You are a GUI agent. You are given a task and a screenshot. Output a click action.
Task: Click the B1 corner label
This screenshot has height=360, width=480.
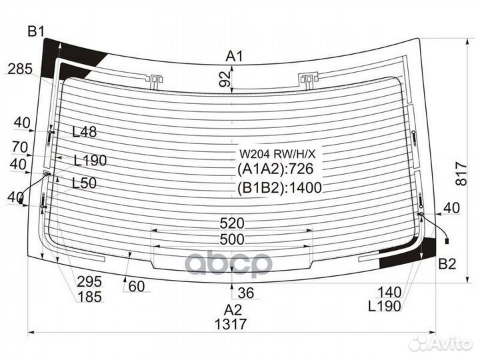click(36, 31)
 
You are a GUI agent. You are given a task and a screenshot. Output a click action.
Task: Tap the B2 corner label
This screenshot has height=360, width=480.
click(447, 264)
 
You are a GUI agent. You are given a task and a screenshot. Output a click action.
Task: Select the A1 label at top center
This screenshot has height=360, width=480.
click(234, 56)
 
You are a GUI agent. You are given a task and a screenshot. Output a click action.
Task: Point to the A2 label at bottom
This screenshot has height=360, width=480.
click(233, 310)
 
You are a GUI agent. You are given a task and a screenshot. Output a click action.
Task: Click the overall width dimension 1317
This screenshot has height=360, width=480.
click(231, 324)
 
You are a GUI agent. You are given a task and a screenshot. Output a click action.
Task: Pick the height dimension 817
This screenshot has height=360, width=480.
click(461, 174)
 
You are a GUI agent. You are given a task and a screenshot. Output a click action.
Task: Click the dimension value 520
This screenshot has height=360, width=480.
click(232, 223)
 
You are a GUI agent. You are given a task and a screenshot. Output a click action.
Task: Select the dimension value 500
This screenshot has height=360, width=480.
click(232, 239)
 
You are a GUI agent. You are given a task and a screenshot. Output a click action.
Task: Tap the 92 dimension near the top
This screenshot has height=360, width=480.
click(225, 79)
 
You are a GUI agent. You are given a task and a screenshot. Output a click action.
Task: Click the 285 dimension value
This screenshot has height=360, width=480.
click(20, 69)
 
